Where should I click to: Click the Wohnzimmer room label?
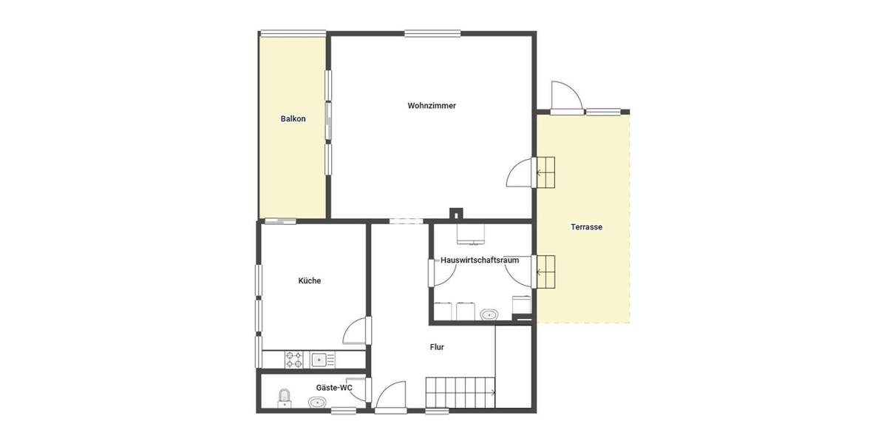[432, 106]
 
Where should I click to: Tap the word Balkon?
[293, 119]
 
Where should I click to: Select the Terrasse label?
[586, 227]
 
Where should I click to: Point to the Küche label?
[310, 281]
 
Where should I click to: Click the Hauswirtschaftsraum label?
[479, 260]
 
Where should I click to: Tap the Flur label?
[437, 346]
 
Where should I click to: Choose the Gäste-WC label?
[333, 388]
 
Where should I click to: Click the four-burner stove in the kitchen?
[294, 360]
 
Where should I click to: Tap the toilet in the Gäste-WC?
[285, 400]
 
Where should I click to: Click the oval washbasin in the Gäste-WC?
[318, 403]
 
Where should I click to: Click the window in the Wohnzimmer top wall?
[432, 33]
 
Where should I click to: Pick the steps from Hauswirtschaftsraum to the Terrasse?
[546, 271]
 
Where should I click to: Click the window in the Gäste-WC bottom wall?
[344, 411]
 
